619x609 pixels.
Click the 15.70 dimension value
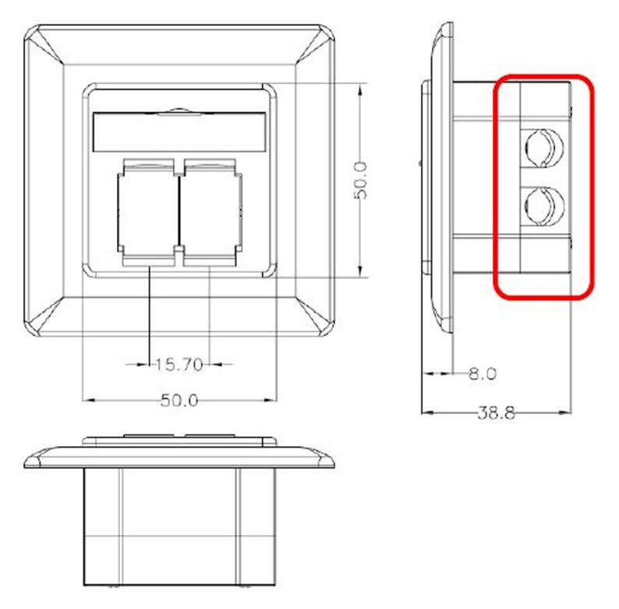tap(179, 364)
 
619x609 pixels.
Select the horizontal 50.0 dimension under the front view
tap(179, 401)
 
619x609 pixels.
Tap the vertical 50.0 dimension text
tap(360, 180)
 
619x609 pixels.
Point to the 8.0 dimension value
tap(483, 374)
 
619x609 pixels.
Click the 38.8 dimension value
tap(497, 413)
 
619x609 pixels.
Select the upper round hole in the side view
tap(544, 147)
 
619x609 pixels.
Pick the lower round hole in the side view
tap(544, 206)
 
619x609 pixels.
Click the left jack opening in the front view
tap(149, 212)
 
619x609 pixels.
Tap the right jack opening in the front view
tap(211, 212)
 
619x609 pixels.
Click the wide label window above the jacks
tap(179, 132)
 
